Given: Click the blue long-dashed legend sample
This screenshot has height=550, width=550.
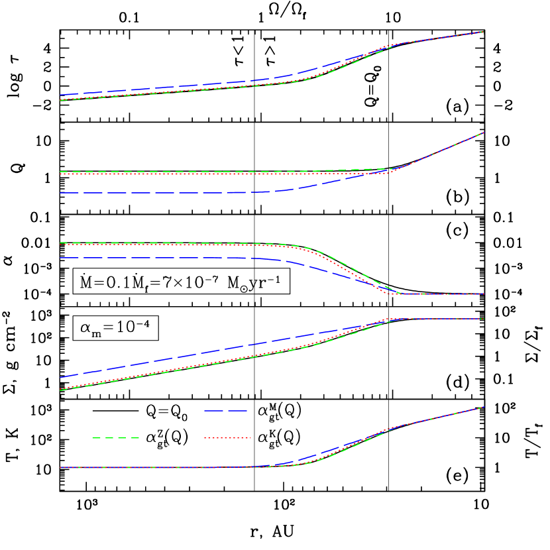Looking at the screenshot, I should pos(225,411).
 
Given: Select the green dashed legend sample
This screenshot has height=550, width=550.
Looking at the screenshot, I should pos(115,437).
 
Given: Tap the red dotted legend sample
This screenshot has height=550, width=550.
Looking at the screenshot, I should pos(227,437).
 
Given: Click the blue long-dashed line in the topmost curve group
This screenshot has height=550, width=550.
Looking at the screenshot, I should pos(166,87).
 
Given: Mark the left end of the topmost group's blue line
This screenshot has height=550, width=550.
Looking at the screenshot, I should pos(60,95).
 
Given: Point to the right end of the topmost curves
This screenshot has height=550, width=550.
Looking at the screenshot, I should pos(483,32).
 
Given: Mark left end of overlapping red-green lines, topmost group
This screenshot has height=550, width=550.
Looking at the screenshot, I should pos(60,100).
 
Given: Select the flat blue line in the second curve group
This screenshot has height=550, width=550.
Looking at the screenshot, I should pos(166,192).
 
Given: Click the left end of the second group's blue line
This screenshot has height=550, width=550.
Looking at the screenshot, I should pos(60,192).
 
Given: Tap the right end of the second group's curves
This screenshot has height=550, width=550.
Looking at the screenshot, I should pos(484,133).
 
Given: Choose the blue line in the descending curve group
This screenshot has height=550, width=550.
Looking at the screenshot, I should pos(166,257).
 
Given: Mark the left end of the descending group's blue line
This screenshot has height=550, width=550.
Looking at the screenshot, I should pos(60,257).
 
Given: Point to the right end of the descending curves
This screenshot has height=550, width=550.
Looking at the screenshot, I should pos(484,294).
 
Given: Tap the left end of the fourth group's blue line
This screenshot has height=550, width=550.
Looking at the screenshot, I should pos(60,378).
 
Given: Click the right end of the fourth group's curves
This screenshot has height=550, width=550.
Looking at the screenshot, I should pos(484,319).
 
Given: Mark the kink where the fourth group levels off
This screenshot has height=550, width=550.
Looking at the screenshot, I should pos(398,319).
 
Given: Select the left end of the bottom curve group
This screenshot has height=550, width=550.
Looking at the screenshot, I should pos(60,467).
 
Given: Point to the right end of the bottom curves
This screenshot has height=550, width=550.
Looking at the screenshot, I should pos(484,407).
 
